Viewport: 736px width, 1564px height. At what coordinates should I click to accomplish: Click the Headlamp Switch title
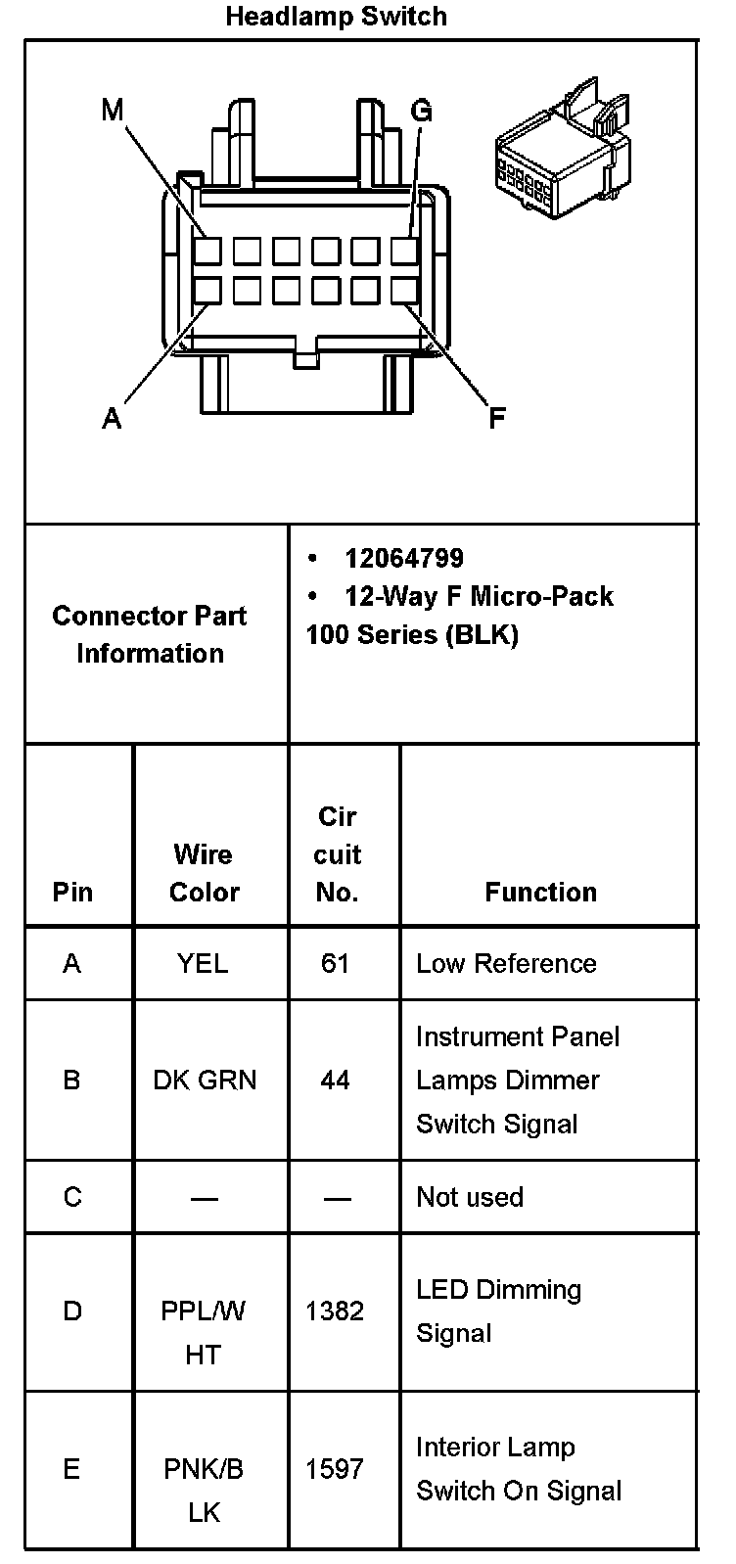point(336,17)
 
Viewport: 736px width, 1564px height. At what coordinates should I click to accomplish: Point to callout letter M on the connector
point(113,111)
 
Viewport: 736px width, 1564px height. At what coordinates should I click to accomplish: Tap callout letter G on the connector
point(421,111)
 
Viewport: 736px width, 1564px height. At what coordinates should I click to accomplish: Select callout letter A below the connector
point(113,419)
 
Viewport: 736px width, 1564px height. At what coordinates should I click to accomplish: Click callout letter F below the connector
point(496,419)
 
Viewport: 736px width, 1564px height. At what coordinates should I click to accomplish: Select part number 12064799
point(403,558)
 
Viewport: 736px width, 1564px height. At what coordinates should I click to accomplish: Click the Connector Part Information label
point(150,634)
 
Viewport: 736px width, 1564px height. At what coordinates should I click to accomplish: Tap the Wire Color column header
point(204,873)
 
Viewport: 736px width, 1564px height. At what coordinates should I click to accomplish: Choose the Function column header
point(540,892)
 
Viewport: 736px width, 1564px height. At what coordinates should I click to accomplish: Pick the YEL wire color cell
point(203,963)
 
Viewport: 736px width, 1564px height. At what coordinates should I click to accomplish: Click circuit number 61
point(335,963)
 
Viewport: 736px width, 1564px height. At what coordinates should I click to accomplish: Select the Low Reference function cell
point(506,963)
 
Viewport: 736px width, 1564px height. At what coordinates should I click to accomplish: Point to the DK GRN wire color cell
point(205,1080)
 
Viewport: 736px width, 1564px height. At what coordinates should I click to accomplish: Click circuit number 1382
point(335,1311)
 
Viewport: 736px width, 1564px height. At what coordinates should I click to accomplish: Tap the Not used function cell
point(470,1196)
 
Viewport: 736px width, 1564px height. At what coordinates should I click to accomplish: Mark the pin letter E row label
point(71,1468)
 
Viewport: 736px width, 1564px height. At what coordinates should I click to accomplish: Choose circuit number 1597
point(335,1468)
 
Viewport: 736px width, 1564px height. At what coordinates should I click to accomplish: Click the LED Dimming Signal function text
point(498,1311)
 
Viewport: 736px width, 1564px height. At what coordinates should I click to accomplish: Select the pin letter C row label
point(72,1196)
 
